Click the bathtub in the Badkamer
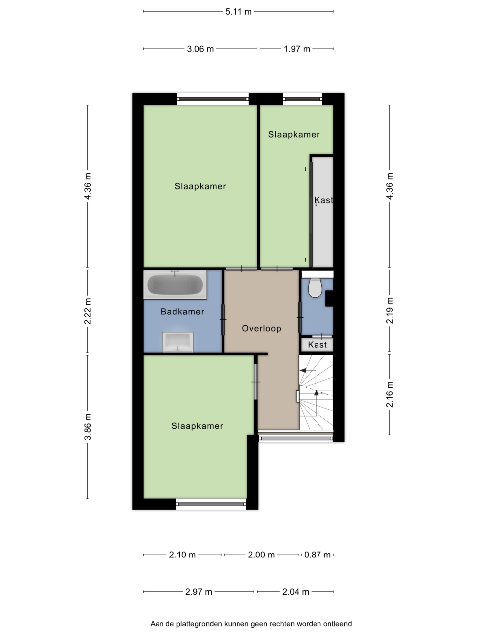pos(175,285)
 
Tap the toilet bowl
pos(315,287)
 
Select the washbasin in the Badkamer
pos(177,342)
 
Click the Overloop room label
pos(261,328)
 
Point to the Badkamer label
pos(182,312)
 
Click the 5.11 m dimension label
pos(238,12)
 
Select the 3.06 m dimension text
pos(200,49)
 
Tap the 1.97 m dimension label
pos(297,49)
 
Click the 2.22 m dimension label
pos(88,311)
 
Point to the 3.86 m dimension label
pos(88,427)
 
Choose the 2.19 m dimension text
pos(390,311)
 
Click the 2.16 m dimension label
pos(390,395)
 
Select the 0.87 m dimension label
pos(317,555)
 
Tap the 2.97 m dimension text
pos(199,592)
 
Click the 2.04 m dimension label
pos(296,592)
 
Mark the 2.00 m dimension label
pos(261,555)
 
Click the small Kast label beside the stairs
pos(317,345)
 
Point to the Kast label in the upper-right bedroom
pos(324,200)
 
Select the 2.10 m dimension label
pos(182,555)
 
